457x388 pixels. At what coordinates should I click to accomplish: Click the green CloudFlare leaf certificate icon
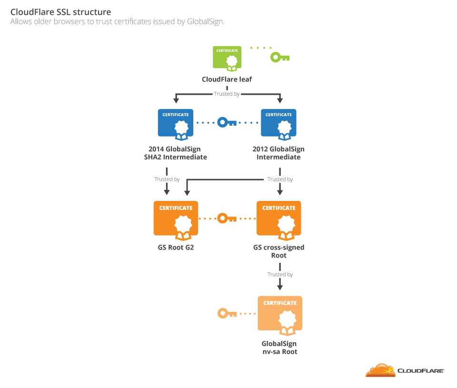[227, 59]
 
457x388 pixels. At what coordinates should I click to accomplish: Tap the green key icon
[279, 58]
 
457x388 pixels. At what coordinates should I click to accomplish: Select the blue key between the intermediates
[227, 123]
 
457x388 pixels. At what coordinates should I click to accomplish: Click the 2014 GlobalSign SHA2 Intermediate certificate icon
[176, 125]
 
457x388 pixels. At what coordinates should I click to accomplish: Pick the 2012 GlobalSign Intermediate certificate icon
[278, 125]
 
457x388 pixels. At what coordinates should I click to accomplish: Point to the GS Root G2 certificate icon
[176, 219]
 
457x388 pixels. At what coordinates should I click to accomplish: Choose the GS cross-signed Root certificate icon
[278, 219]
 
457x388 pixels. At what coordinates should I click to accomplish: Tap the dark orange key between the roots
[227, 219]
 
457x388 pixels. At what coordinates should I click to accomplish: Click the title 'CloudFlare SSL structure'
[61, 11]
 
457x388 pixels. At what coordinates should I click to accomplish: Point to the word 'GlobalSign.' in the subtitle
[205, 21]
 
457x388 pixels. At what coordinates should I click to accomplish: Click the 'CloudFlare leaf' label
[227, 80]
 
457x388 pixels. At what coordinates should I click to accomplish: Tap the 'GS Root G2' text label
[176, 248]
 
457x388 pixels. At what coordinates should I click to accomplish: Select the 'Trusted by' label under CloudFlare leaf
[227, 94]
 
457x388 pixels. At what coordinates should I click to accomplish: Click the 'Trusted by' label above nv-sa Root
[280, 274]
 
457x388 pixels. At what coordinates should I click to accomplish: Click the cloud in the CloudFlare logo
[380, 370]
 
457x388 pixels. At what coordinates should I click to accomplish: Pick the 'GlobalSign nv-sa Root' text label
[279, 348]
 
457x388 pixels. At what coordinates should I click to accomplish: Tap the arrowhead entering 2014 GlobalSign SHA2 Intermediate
[176, 100]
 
